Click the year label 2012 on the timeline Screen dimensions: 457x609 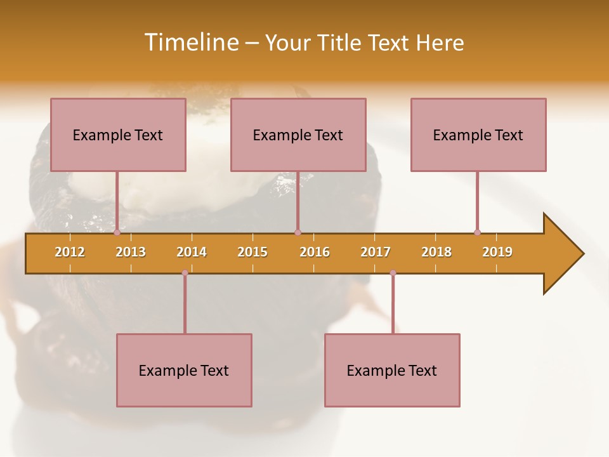pos(70,252)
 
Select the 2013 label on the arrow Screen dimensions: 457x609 pos(131,252)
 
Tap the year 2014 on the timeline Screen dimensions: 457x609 pos(192,252)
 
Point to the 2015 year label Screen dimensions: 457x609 pos(252,252)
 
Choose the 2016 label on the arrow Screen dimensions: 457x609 pos(315,252)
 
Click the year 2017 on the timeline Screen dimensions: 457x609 pos(376,252)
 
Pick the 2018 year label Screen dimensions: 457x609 pos(436,252)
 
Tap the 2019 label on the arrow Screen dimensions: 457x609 pos(497,252)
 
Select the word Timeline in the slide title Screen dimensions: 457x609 pos(190,43)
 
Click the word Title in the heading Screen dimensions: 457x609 pos(339,43)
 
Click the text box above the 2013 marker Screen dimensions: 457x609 pos(118,135)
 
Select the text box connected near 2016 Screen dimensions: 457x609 pos(298,135)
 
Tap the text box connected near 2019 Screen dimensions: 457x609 pos(478,135)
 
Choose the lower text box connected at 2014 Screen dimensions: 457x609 pos(184,370)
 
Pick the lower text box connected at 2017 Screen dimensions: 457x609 pos(392,370)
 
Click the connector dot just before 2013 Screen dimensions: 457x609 pos(117,232)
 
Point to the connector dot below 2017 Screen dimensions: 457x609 pos(393,273)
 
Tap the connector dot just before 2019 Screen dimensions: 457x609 pos(477,232)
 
